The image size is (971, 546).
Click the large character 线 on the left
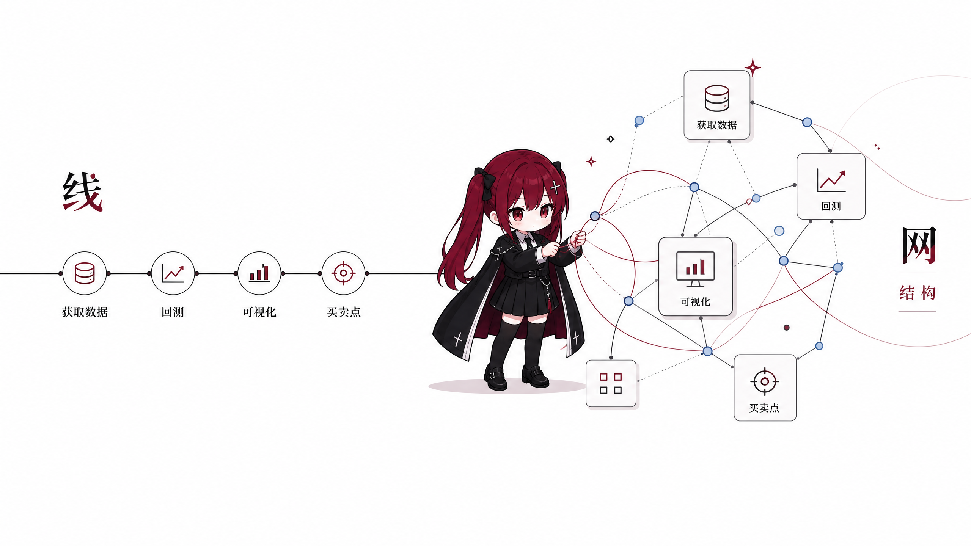pos(83,191)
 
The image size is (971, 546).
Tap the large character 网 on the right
pos(919,245)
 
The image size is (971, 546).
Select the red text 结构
pos(918,293)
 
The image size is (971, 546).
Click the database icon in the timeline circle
pos(84,273)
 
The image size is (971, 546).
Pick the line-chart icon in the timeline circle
pos(173,273)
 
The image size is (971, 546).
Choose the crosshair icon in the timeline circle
pos(343,273)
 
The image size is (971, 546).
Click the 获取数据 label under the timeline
pos(85,312)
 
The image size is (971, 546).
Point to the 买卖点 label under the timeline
pos(343,312)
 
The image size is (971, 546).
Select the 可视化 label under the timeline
pos(259,312)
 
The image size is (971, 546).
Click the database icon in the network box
pos(717,98)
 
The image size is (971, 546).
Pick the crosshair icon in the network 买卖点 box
pos(765,381)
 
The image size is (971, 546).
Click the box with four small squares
pos(611,383)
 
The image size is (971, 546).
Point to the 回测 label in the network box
pos(831,206)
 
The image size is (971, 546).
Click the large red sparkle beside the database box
pos(753,67)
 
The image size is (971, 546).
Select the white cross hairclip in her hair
pos(555,187)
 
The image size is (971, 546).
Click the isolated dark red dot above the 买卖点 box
pos(787,328)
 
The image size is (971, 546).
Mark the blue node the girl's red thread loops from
pos(595,216)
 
